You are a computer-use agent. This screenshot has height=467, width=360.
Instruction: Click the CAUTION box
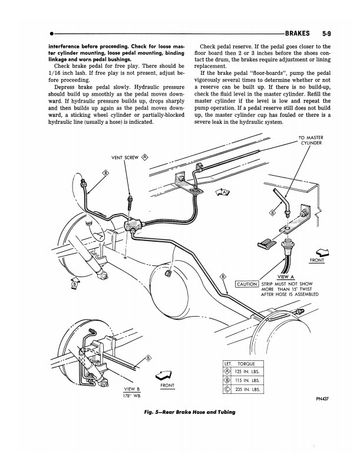[x=247, y=284]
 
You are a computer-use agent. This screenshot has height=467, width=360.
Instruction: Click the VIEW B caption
[x=131, y=389]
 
